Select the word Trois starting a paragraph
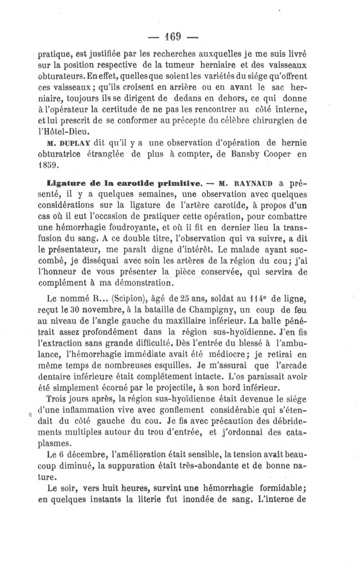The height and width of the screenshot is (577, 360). coord(60,398)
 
